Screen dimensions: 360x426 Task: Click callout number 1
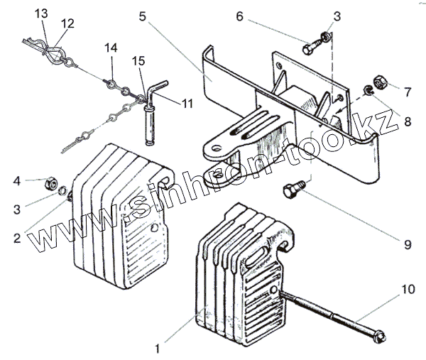click(159, 349)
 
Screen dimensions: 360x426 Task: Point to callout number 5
click(143, 15)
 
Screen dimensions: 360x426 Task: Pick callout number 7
click(408, 92)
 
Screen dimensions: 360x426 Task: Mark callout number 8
click(408, 121)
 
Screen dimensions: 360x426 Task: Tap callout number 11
click(187, 104)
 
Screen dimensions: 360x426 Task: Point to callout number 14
click(110, 48)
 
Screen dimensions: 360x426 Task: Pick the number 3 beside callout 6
click(337, 15)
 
